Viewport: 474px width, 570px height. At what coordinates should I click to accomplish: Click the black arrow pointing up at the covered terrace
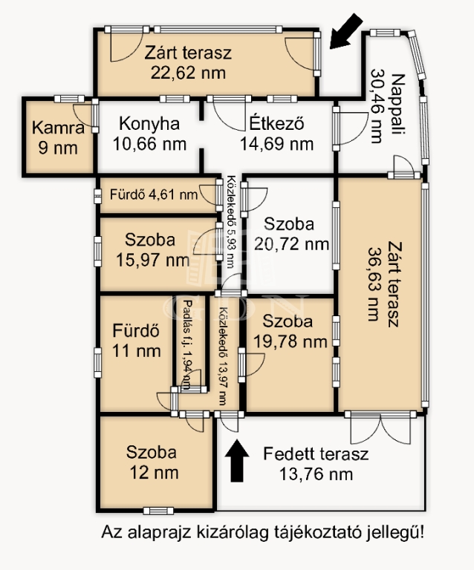[x=237, y=461]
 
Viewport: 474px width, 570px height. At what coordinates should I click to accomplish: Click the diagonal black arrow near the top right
[x=346, y=31]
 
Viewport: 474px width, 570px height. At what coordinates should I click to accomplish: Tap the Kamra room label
[x=58, y=128]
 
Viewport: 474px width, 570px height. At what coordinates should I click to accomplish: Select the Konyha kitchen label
[x=149, y=124]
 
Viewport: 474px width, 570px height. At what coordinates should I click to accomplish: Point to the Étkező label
[x=277, y=124]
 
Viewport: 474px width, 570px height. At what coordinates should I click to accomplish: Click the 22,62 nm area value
[x=188, y=73]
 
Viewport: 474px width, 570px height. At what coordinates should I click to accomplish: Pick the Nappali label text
[x=398, y=105]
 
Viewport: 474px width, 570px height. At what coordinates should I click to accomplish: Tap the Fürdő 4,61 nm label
[x=154, y=195]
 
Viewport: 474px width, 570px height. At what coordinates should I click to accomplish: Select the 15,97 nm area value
[x=153, y=260]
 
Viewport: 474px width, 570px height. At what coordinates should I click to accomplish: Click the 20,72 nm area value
[x=291, y=243]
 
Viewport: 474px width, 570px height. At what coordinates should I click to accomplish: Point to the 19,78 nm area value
[x=290, y=341]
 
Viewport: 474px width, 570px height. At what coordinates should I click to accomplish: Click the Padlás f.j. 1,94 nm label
[x=186, y=344]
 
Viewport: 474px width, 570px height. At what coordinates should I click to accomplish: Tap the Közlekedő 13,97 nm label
[x=224, y=356]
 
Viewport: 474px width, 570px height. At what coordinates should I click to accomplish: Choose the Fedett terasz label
[x=316, y=453]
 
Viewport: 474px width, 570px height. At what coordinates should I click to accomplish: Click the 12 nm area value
[x=155, y=473]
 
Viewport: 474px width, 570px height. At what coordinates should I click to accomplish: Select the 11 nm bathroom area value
[x=137, y=351]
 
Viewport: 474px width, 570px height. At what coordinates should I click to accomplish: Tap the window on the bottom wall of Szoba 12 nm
[x=158, y=511]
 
